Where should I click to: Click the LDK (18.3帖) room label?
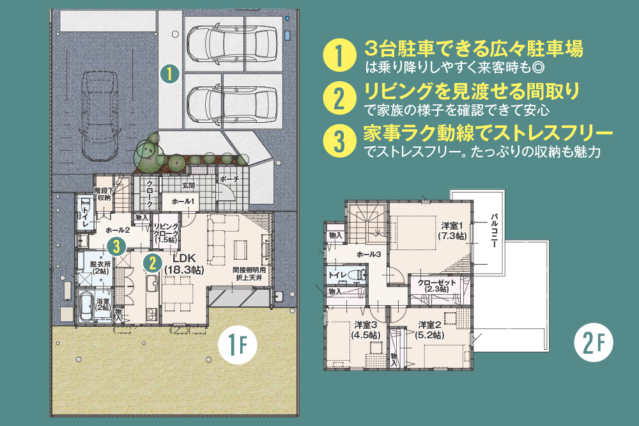(x=184, y=264)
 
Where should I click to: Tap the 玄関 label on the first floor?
(x=189, y=185)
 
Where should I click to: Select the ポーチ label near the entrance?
(x=229, y=179)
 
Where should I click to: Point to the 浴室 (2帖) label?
(x=103, y=304)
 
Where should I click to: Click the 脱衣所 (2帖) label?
(x=100, y=267)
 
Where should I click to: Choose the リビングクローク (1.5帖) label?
(x=166, y=233)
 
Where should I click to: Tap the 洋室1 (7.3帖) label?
(x=452, y=230)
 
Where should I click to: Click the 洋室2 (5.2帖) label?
(x=430, y=330)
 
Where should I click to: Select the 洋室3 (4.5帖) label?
(x=366, y=330)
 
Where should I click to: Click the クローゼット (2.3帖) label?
(x=436, y=286)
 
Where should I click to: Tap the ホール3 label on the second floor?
(x=369, y=255)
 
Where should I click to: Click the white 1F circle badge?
(x=238, y=345)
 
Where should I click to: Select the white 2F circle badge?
(x=594, y=342)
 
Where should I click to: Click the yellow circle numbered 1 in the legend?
(x=339, y=55)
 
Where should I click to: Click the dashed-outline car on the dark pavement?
(x=100, y=116)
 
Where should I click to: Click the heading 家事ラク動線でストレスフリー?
(x=488, y=132)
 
